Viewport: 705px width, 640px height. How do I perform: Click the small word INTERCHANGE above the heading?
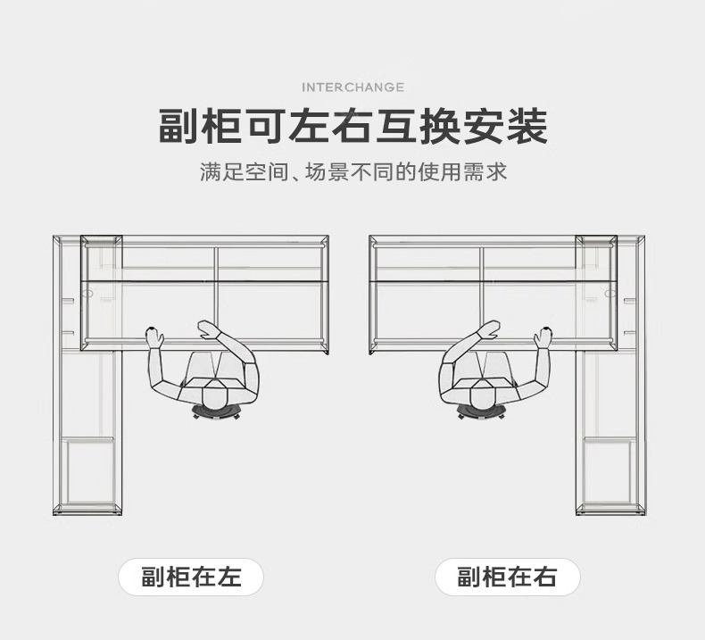pos(352,87)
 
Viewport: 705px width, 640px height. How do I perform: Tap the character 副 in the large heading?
pos(179,128)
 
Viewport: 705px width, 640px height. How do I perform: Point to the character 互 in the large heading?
pos(395,128)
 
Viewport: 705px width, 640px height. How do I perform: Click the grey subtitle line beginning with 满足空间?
pos(352,171)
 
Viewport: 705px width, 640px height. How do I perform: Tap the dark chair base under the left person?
pos(217,413)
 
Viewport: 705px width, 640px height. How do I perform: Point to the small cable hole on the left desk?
pos(88,292)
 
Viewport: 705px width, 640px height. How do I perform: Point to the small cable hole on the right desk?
pos(610,292)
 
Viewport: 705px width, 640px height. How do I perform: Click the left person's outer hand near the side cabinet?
pos(155,337)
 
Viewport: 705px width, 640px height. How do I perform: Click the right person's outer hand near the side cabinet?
pos(543,337)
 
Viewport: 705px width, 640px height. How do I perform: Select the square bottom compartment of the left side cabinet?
pos(88,470)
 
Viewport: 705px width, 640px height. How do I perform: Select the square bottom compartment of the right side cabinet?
pos(609,470)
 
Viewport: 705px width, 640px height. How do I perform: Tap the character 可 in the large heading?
pos(266,128)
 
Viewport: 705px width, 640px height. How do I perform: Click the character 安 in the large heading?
pos(483,128)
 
